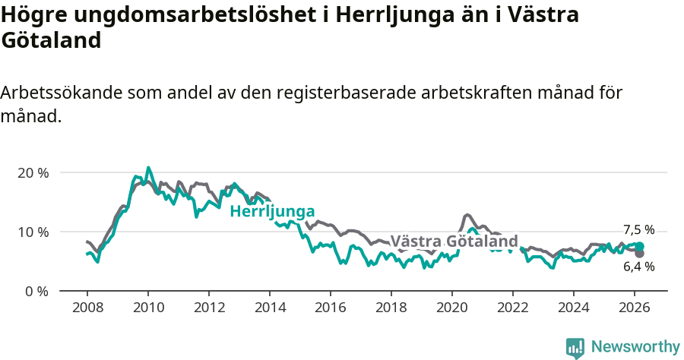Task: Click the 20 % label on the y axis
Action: (33, 172)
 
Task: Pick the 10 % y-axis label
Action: (33, 232)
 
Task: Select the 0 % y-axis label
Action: (36, 291)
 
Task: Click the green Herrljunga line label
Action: (272, 211)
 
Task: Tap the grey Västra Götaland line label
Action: (454, 242)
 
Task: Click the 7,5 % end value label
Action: (638, 230)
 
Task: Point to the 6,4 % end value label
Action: (638, 267)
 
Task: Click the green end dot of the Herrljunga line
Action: (640, 246)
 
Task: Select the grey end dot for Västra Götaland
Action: (640, 253)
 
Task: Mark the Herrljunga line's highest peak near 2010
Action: (148, 168)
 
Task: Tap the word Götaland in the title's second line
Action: (50, 40)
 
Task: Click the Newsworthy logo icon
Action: (575, 348)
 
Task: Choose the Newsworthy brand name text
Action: (635, 347)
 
